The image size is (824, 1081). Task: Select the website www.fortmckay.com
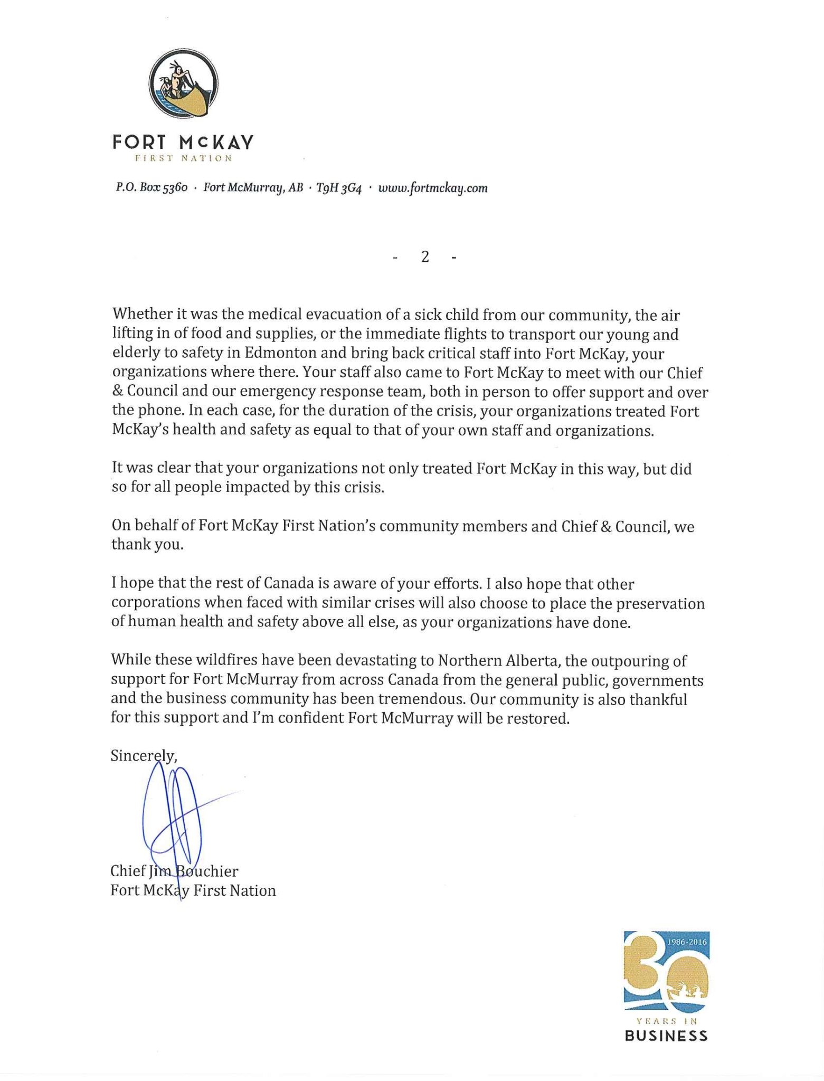(432, 188)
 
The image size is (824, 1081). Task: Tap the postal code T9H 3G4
(338, 188)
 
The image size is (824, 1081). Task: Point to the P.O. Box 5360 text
(151, 188)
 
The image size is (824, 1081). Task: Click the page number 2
(424, 257)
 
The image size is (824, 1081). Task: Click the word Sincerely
(143, 756)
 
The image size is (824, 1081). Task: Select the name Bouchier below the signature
(206, 870)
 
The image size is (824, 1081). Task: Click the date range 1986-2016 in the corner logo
(686, 941)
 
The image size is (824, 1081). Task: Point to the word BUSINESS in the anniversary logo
(666, 1036)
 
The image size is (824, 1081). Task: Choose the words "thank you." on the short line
(147, 545)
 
